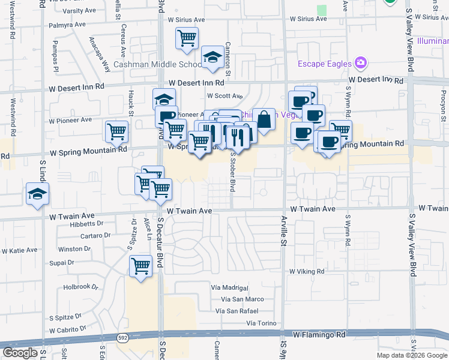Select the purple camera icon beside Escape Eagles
click(x=360, y=62)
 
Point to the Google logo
click(x=20, y=353)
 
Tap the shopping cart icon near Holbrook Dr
click(x=140, y=265)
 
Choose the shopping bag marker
click(x=264, y=119)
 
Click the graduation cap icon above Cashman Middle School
click(x=212, y=57)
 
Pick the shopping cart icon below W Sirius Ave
click(x=187, y=38)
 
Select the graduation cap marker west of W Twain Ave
click(x=37, y=194)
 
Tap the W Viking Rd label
click(x=306, y=271)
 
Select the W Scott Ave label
click(x=224, y=95)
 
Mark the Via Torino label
click(x=260, y=323)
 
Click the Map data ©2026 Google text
click(x=412, y=355)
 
